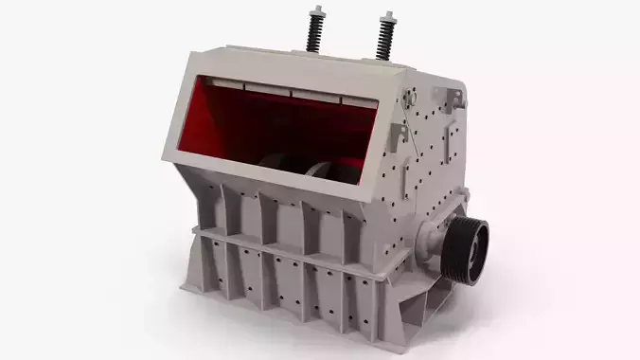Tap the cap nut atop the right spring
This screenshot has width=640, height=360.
tap(386, 16)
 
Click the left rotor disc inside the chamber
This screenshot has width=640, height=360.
tap(280, 165)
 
